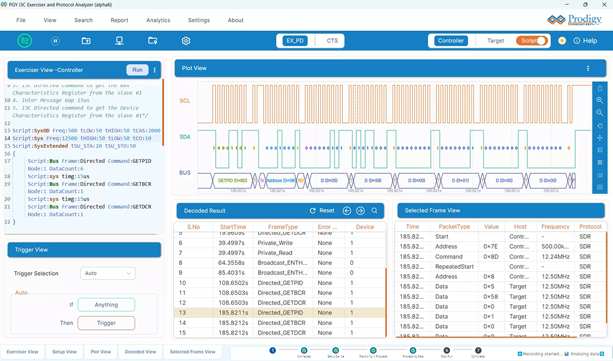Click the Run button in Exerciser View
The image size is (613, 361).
137,70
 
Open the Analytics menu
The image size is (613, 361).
158,20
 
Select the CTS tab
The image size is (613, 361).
332,40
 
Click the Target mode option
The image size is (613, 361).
495,40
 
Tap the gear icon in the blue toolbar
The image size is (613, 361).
186,41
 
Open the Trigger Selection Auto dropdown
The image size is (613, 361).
108,273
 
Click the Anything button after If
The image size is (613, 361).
106,305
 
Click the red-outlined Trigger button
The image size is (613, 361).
106,323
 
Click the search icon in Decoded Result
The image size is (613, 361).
374,211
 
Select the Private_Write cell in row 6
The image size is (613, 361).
275,243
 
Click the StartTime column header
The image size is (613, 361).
233,227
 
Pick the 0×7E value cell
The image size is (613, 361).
490,247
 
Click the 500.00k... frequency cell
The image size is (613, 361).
556,247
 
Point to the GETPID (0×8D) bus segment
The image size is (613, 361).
233,180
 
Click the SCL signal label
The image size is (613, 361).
185,101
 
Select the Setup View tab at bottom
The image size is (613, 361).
65,352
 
